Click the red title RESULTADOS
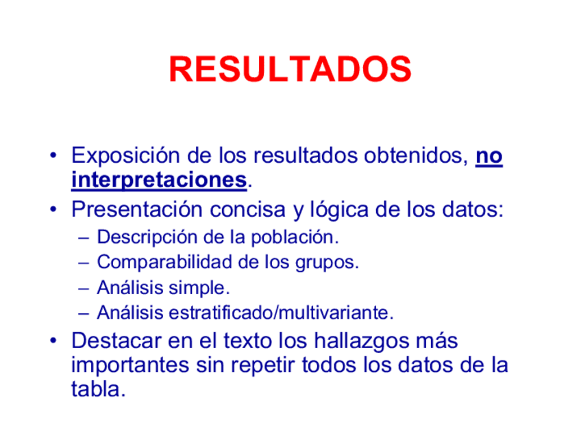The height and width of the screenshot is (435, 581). click(x=290, y=69)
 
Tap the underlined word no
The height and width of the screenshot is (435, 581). click(x=489, y=157)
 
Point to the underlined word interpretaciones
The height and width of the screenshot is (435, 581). click(x=158, y=181)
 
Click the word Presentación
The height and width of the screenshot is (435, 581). click(x=137, y=209)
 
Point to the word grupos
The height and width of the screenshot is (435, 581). click(x=327, y=263)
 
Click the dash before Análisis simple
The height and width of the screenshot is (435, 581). click(x=84, y=288)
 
